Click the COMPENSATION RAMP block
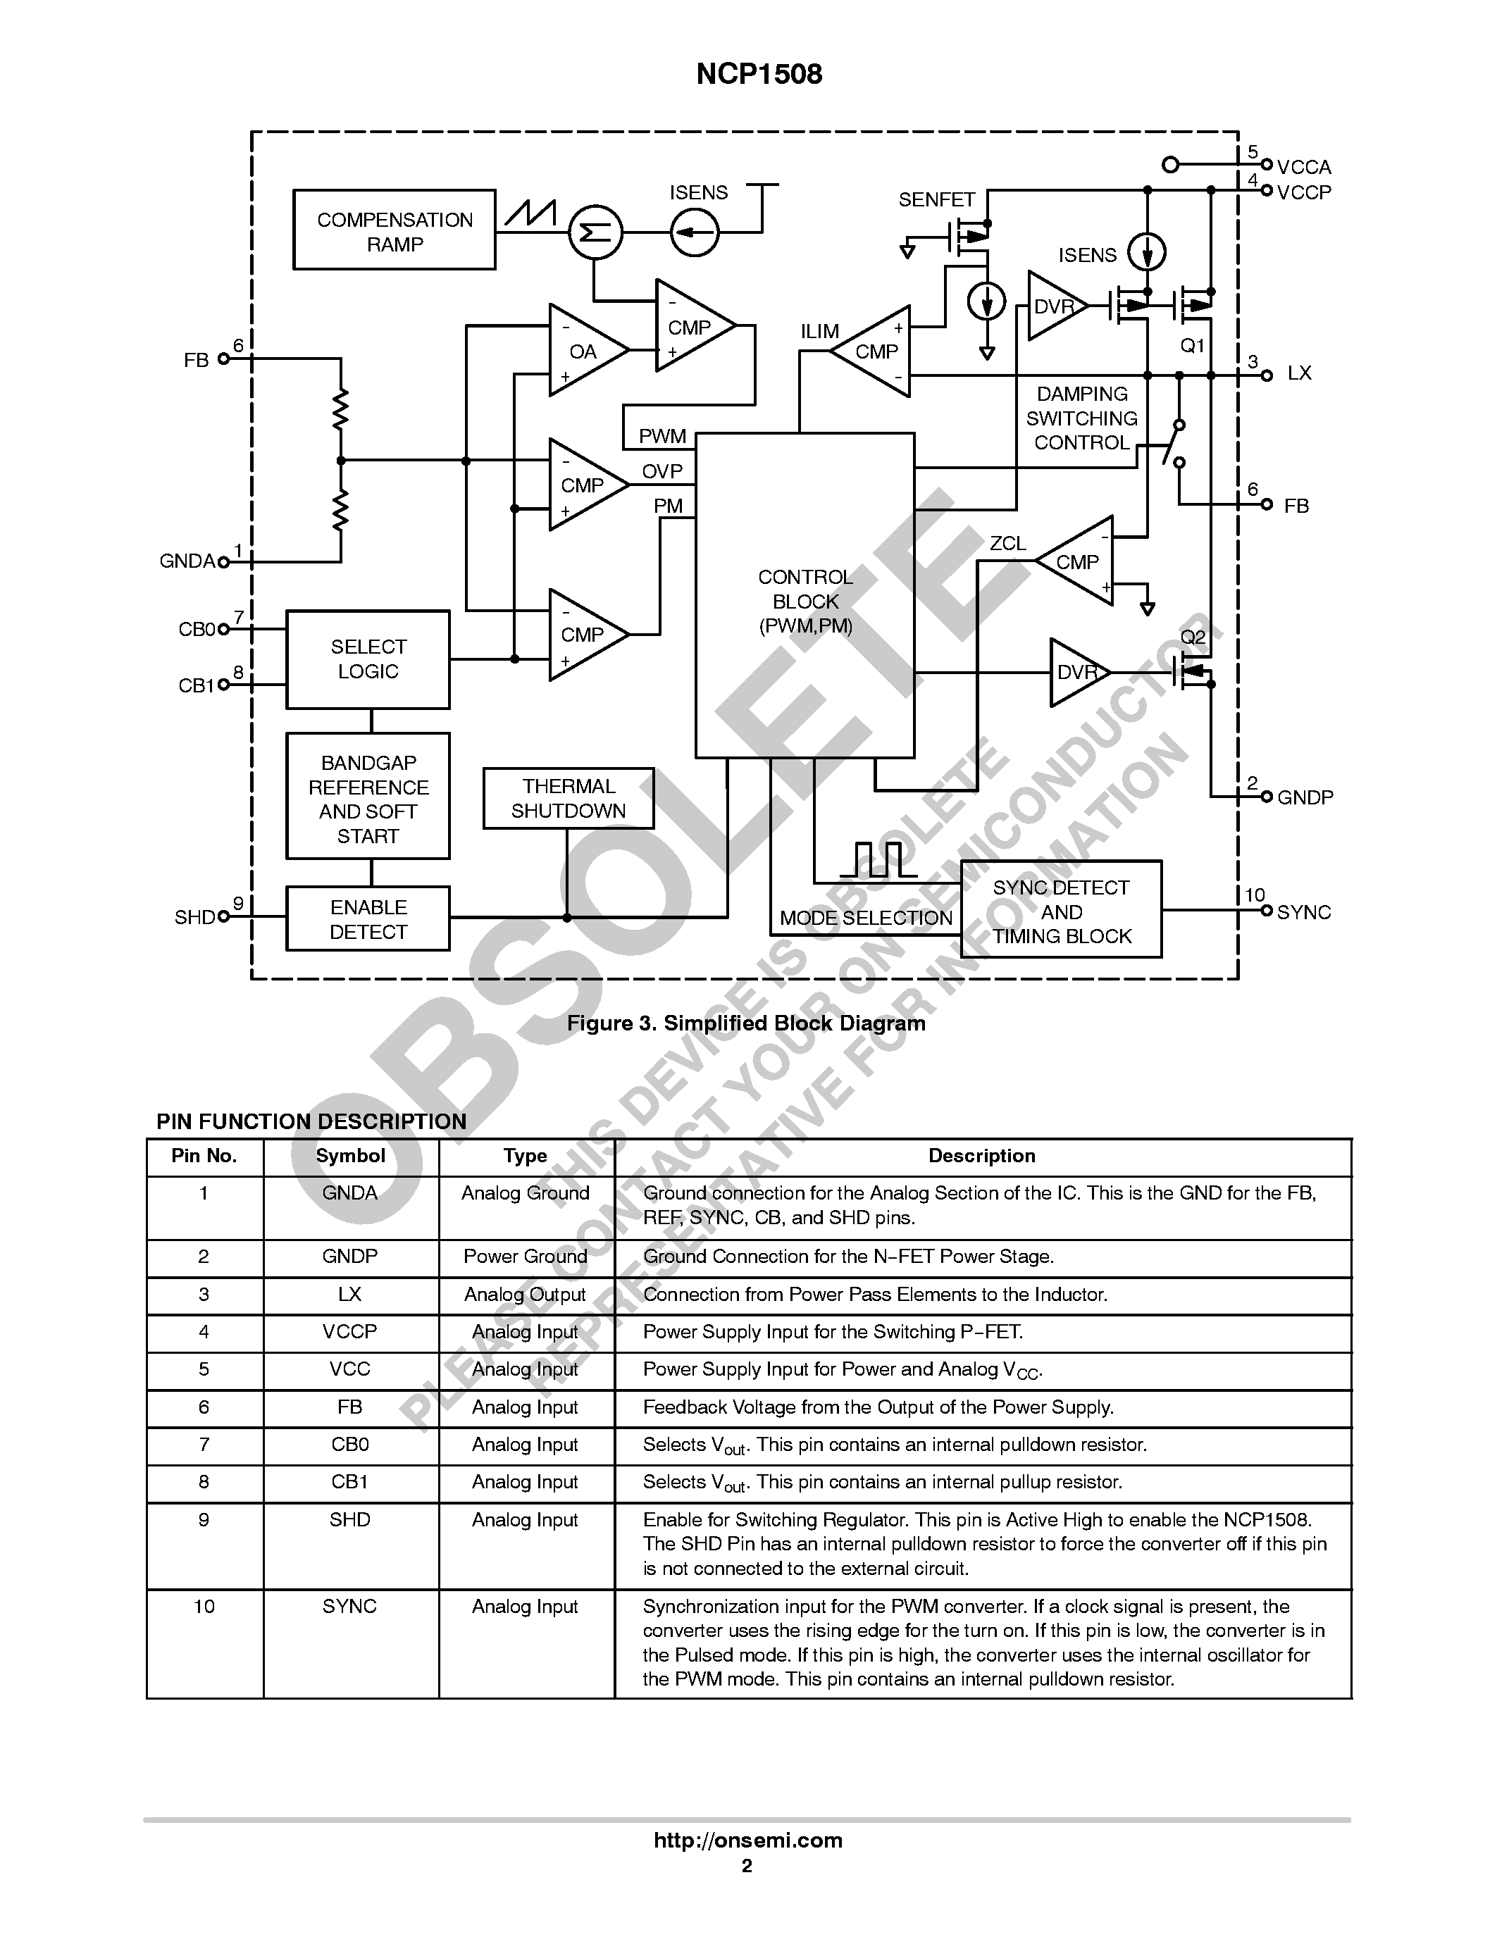click(x=394, y=230)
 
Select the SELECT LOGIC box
click(x=367, y=659)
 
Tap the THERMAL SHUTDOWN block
click(x=568, y=798)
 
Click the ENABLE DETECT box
click(x=367, y=918)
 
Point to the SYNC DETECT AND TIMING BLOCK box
click(x=1061, y=911)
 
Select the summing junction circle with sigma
click(x=595, y=232)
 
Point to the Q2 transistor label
click(x=1193, y=637)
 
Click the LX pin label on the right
click(x=1298, y=373)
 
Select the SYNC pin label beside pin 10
click(x=1304, y=913)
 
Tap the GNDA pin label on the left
click(x=187, y=561)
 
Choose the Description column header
click(x=982, y=1156)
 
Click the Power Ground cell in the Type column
click(x=525, y=1257)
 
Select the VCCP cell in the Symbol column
click(x=349, y=1331)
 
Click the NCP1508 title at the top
click(x=759, y=75)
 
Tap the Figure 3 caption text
click(x=746, y=1023)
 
